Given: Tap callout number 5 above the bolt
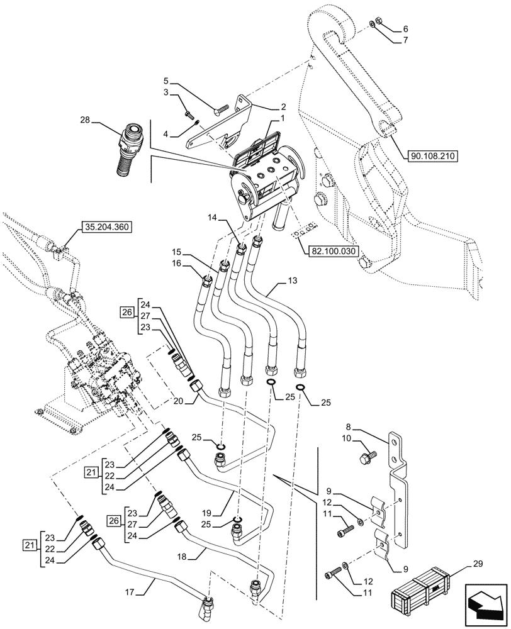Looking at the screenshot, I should (x=166, y=81).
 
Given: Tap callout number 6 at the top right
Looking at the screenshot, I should (x=405, y=28).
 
